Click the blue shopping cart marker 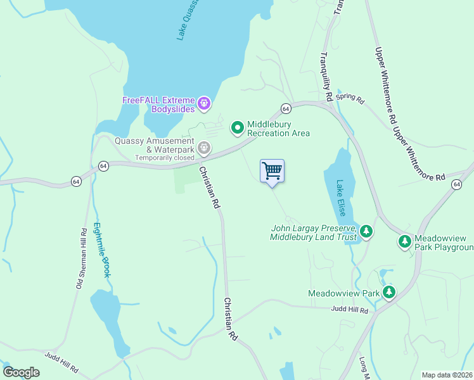click(x=272, y=171)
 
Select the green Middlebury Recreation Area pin click(x=238, y=128)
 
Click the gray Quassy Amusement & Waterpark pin click(x=203, y=148)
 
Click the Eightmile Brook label click(x=103, y=250)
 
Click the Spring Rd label click(x=350, y=99)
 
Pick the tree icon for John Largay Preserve click(x=366, y=232)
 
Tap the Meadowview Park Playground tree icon click(x=404, y=241)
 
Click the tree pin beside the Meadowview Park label click(x=389, y=293)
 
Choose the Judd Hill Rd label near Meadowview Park click(x=349, y=309)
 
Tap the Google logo click(x=22, y=372)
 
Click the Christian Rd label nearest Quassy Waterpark click(x=209, y=188)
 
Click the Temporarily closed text click(x=164, y=157)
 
